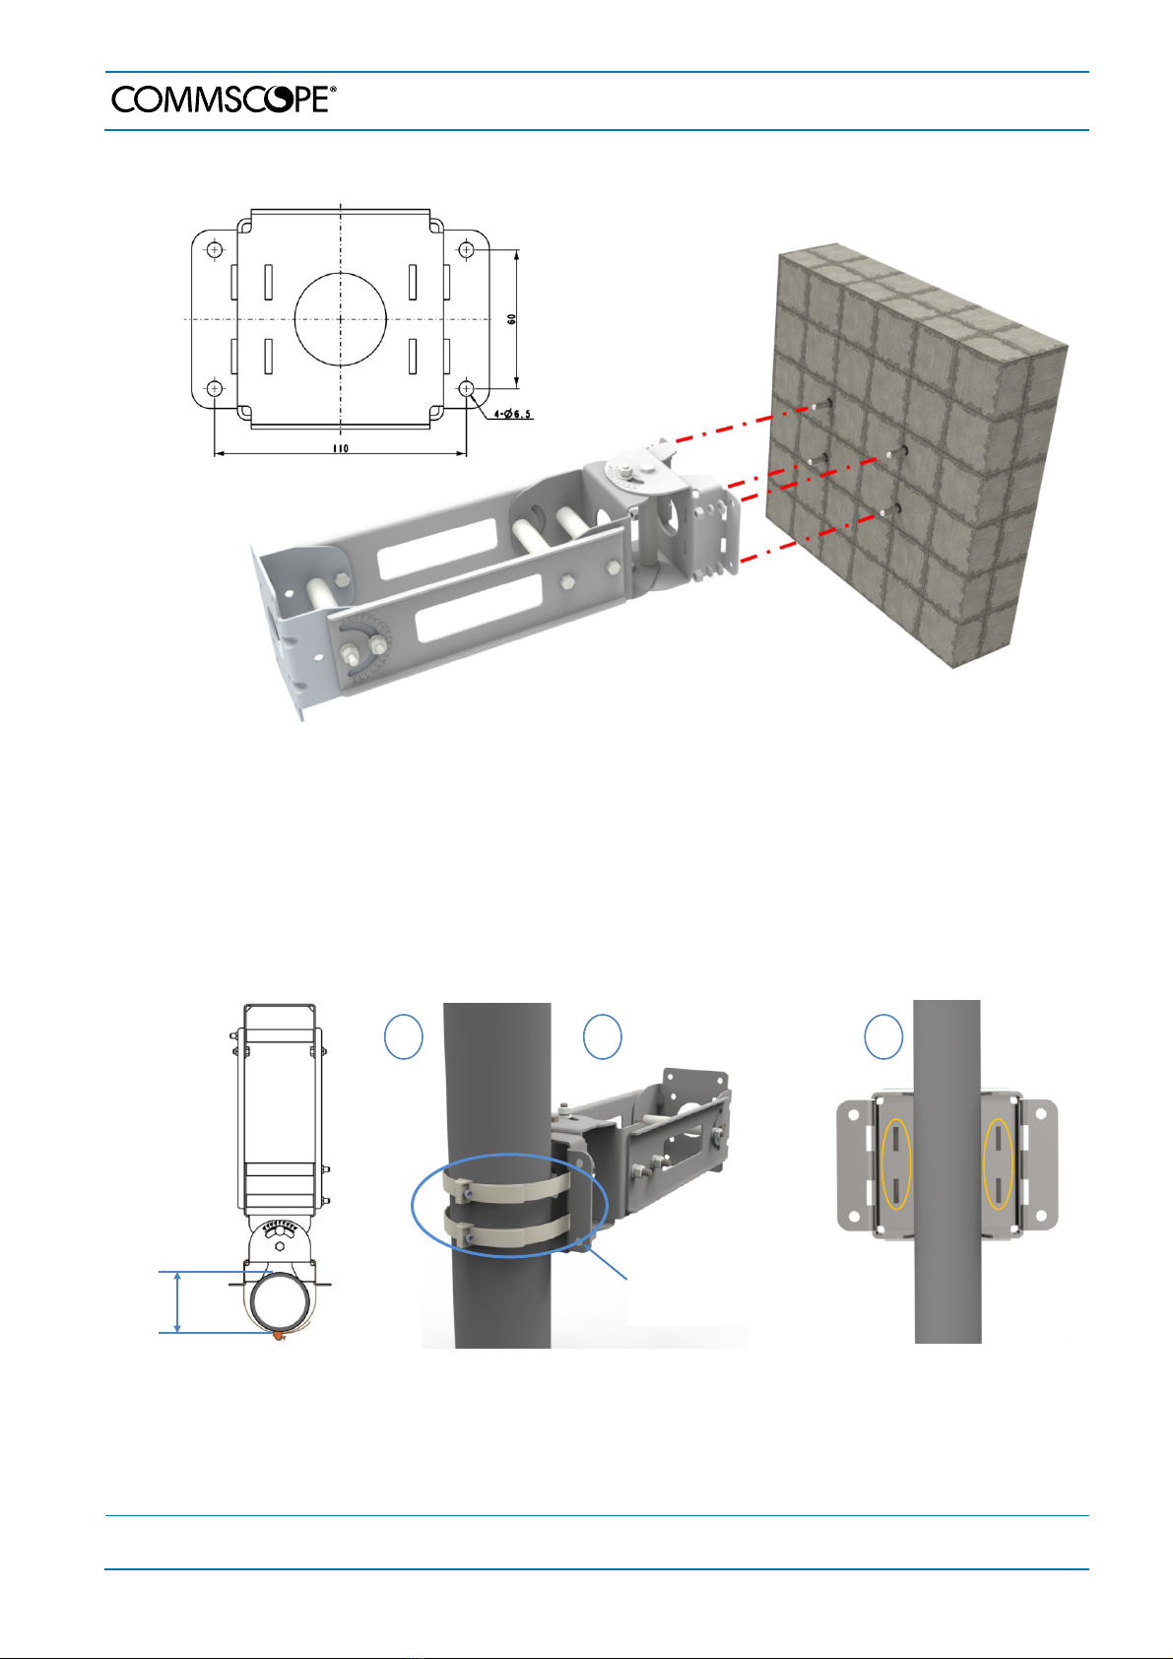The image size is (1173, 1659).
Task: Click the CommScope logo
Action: click(x=224, y=100)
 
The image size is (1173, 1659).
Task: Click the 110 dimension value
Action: click(x=340, y=448)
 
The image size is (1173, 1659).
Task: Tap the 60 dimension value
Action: click(x=511, y=318)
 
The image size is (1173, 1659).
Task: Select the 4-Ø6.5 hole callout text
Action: click(x=512, y=414)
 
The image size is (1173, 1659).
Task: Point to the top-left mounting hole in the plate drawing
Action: click(x=215, y=250)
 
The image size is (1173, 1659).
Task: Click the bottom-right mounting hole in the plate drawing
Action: click(x=466, y=388)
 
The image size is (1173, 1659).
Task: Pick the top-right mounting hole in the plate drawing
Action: click(x=466, y=250)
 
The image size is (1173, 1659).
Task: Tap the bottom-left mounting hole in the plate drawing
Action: click(x=215, y=388)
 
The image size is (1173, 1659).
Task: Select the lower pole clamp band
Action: click(x=511, y=1233)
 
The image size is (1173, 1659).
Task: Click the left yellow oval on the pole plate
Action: click(x=896, y=1164)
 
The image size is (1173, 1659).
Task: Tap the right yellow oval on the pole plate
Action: click(x=998, y=1164)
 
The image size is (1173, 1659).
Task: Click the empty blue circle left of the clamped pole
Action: click(x=404, y=1036)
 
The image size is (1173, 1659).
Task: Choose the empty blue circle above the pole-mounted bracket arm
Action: click(x=602, y=1036)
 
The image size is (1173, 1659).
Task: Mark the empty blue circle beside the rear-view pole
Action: click(x=883, y=1036)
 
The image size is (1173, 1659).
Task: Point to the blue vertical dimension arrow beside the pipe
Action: click(x=177, y=1302)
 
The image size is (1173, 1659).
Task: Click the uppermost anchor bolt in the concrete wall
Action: click(x=821, y=404)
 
